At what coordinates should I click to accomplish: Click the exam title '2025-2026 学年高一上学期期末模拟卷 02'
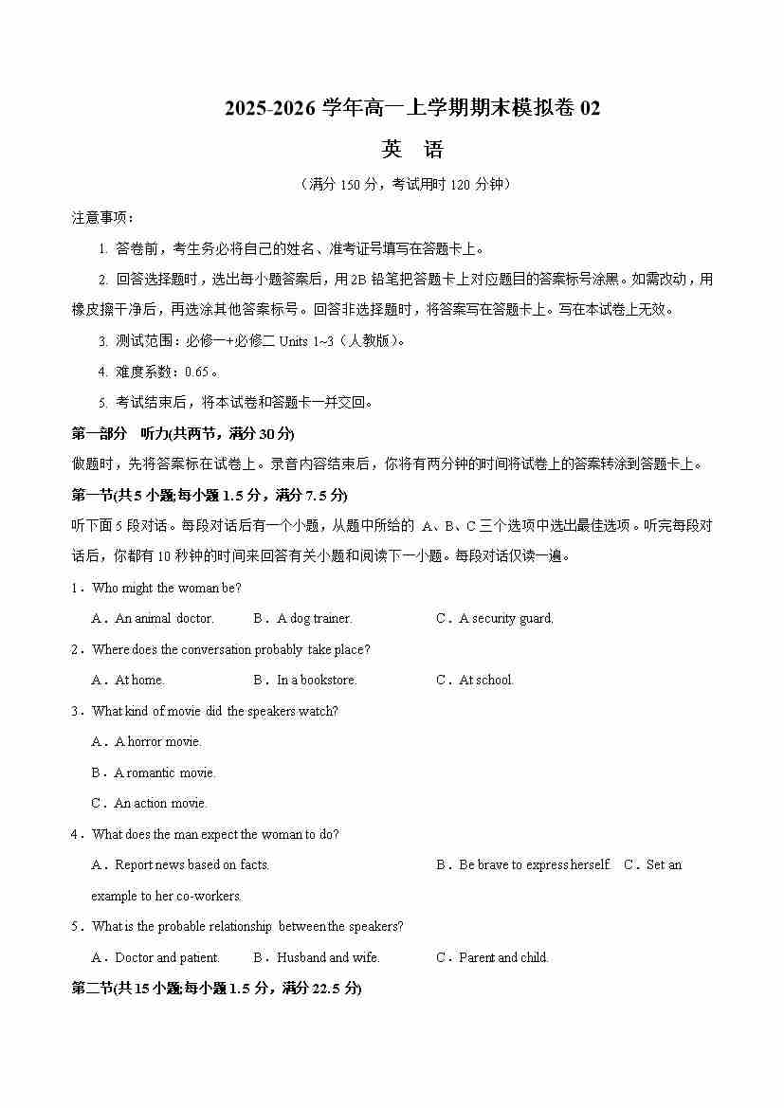[412, 109]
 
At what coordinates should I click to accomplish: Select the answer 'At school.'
[485, 681]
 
